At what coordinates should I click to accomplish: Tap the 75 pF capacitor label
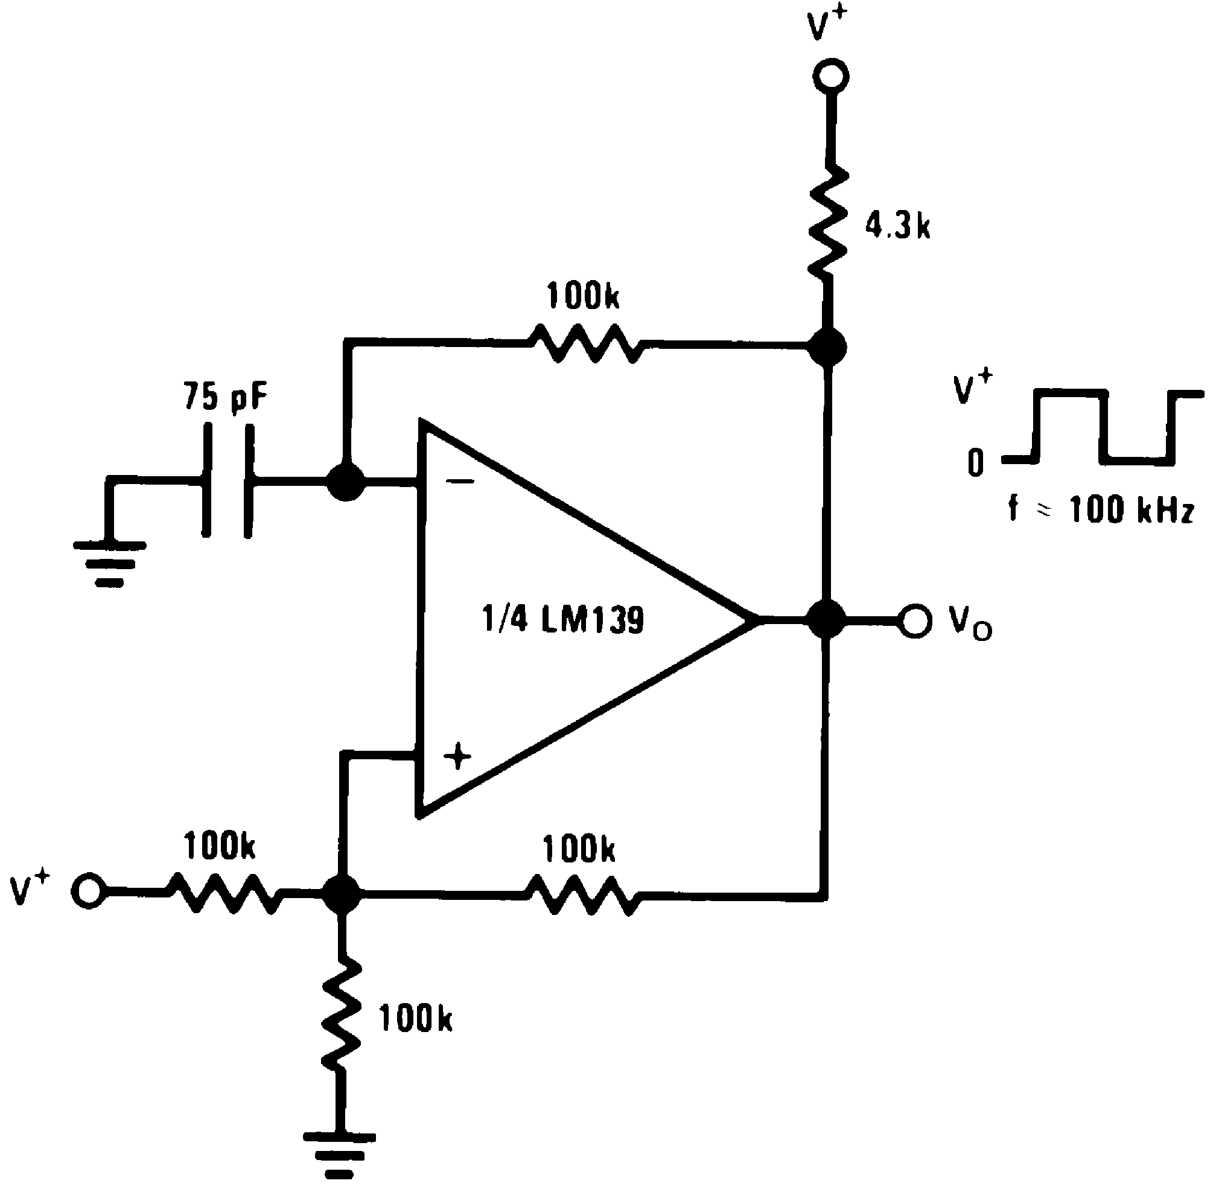coord(225,397)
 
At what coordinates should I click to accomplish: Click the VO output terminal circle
coord(914,620)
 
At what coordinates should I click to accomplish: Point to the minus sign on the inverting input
coord(460,482)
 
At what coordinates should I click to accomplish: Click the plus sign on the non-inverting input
coord(457,757)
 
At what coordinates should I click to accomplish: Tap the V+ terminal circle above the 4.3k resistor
coord(831,77)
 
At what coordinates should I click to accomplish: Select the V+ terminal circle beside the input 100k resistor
coord(88,890)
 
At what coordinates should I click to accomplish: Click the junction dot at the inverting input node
coord(345,482)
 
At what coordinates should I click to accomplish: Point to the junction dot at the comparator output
coord(827,620)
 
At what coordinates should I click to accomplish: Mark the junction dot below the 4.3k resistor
coord(827,346)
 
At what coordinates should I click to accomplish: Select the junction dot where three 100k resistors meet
coord(341,893)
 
